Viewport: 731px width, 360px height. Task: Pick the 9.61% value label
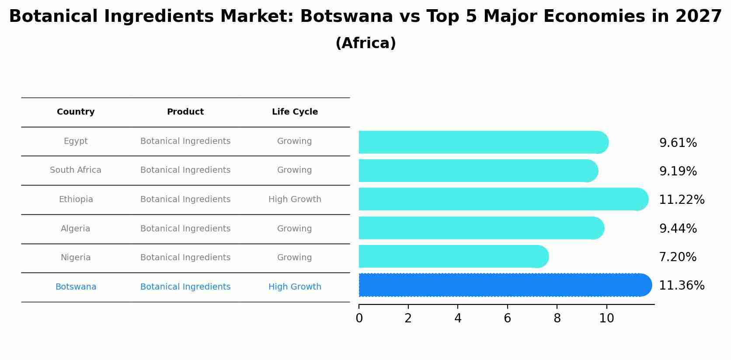(x=678, y=143)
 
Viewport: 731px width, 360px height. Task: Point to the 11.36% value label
(x=681, y=286)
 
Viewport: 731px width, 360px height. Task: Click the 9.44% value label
(x=678, y=229)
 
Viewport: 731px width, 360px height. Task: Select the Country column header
(x=76, y=112)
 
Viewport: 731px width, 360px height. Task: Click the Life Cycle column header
(x=295, y=112)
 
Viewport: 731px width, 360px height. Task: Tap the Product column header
(x=185, y=112)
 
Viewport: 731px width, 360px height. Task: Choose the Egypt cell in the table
(x=76, y=141)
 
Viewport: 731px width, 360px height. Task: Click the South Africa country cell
(x=76, y=170)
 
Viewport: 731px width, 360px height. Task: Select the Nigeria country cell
(x=76, y=258)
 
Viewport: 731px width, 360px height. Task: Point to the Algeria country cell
(x=76, y=229)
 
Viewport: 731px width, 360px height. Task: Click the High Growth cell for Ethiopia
(x=295, y=199)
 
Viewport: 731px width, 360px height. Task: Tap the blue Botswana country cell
(x=76, y=287)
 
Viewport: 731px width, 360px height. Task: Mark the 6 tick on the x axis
(x=507, y=318)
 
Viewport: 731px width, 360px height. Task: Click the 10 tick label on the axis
(x=606, y=318)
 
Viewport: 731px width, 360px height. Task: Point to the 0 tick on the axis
(x=359, y=318)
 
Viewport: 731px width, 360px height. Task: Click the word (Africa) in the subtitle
(x=365, y=43)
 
